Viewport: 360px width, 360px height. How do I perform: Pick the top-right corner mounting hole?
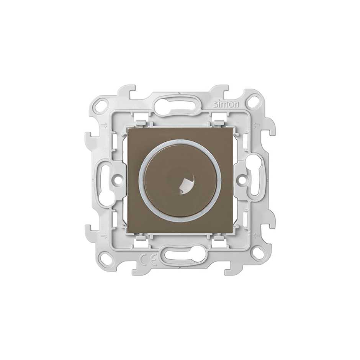point(254,102)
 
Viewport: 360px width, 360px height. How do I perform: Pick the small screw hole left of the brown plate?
point(117,178)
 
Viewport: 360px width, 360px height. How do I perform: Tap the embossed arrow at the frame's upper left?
point(103,125)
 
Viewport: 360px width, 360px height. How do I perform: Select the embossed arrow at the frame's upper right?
point(257,125)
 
